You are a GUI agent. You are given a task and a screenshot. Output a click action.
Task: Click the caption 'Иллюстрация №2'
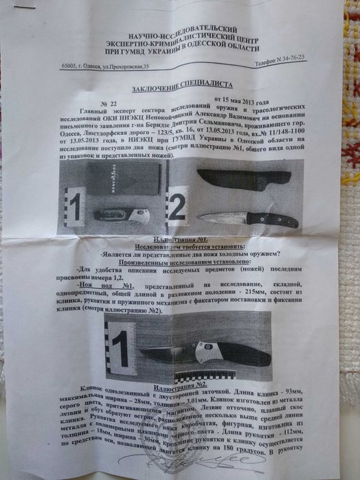(x=175, y=385)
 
